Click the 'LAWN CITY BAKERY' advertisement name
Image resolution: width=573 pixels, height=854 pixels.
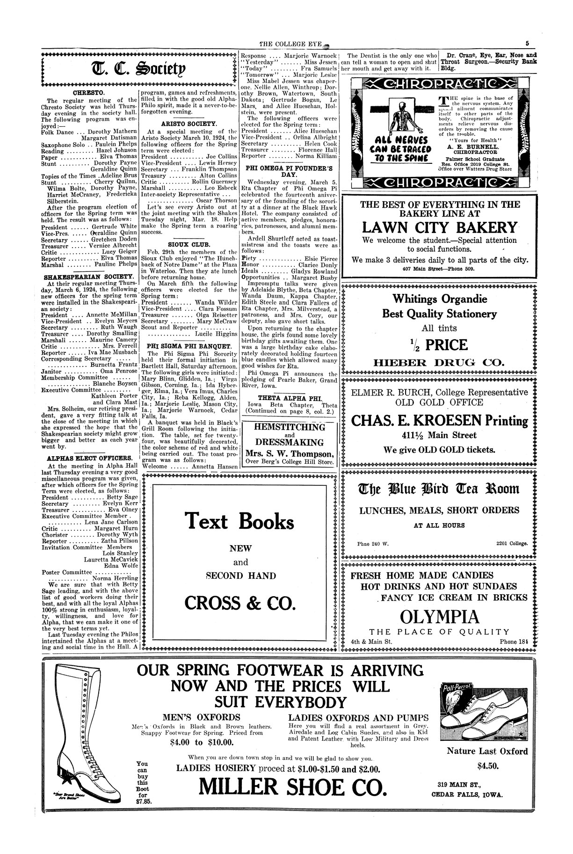(440, 227)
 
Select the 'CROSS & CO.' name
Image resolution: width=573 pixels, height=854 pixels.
(240, 603)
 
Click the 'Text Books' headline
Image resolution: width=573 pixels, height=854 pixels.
(239, 520)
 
